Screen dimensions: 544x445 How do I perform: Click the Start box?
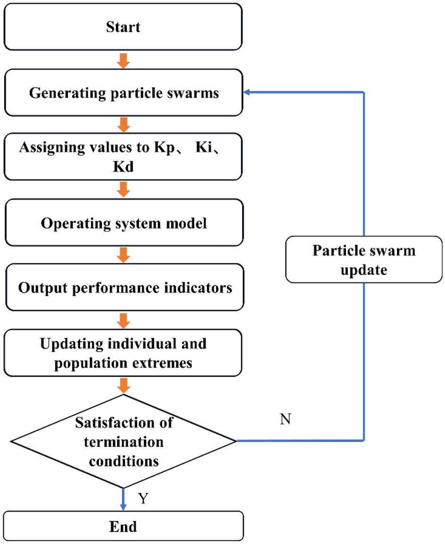coord(124,27)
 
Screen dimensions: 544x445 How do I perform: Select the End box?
coord(124,526)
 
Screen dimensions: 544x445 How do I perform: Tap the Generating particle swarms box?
coord(124,93)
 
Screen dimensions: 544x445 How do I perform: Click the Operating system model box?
coord(124,223)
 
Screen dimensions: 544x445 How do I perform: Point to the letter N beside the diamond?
coord(285,419)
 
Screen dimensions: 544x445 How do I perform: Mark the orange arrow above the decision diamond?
coord(124,384)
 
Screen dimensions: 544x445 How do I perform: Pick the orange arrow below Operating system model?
coord(124,255)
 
